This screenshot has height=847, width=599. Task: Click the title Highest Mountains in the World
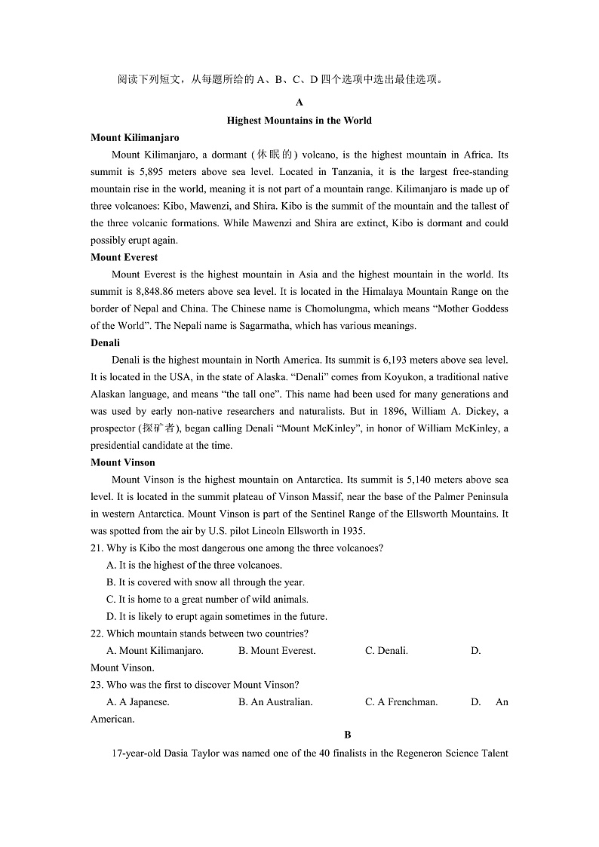click(299, 120)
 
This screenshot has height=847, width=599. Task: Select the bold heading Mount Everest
click(124, 257)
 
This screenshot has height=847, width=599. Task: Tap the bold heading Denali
click(105, 342)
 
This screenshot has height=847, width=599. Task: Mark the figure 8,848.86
click(159, 291)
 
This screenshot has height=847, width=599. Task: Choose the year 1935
click(351, 531)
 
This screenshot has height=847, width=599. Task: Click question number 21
click(97, 548)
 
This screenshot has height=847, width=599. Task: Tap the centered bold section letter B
click(348, 735)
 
